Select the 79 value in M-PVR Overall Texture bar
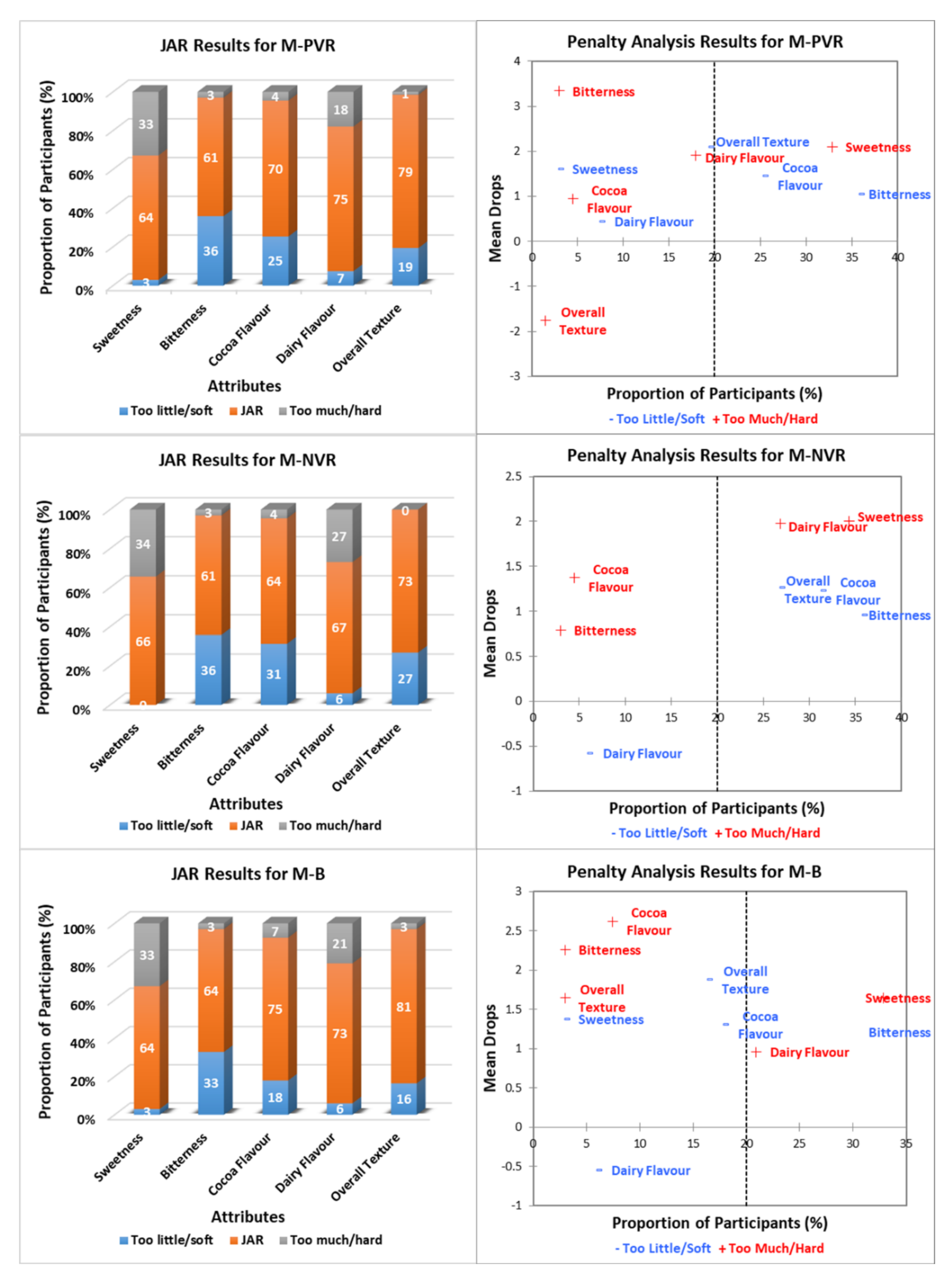coord(405,172)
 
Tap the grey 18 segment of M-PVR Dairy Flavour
coord(341,110)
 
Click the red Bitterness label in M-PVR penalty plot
coord(603,92)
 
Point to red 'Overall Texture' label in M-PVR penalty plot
coord(583,321)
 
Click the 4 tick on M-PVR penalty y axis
coord(517,61)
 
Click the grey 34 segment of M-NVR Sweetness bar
coord(143,544)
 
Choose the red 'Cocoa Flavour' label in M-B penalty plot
coord(648,921)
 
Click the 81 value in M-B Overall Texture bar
coord(404,1007)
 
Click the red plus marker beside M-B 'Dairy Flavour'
coord(756,1052)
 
